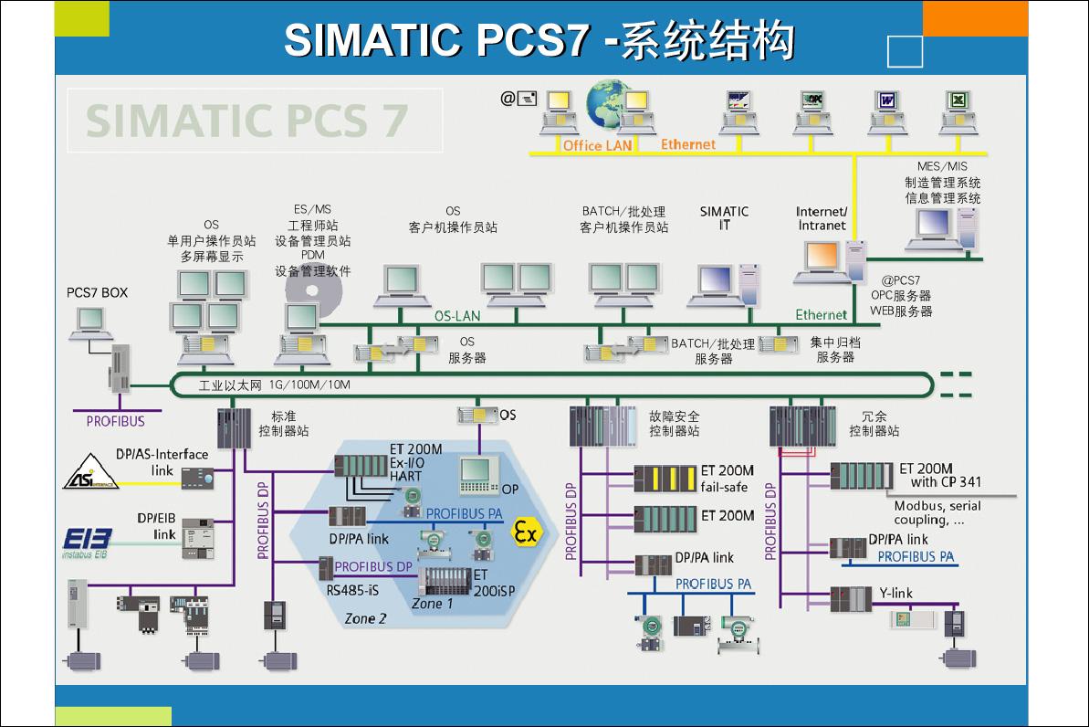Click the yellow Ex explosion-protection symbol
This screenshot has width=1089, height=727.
[x=525, y=532]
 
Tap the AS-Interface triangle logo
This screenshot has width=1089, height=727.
[x=91, y=472]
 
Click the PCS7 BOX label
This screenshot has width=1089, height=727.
[x=98, y=292]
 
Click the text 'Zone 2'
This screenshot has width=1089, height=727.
[x=365, y=618]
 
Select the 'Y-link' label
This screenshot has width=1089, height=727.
[x=895, y=593]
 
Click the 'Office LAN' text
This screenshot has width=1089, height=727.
[x=597, y=145]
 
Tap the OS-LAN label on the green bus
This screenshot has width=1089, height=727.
[x=456, y=316]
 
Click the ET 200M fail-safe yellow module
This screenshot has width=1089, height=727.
[x=665, y=478]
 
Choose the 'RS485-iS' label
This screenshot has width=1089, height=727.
[x=352, y=590]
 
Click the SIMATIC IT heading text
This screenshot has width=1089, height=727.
[x=724, y=217]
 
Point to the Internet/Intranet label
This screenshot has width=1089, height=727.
[x=822, y=218]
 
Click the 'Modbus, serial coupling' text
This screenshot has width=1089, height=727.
[x=937, y=513]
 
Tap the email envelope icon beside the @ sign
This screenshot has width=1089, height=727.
[x=527, y=99]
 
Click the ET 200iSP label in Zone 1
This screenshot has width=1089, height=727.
[x=493, y=583]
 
